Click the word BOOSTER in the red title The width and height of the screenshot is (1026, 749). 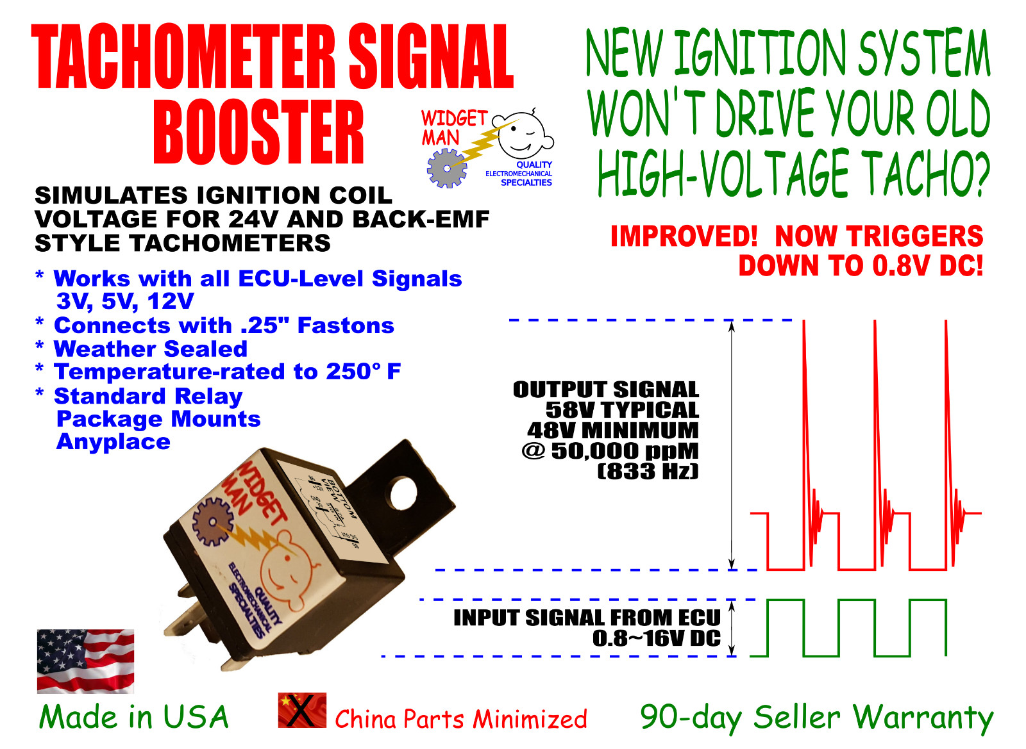tap(258, 133)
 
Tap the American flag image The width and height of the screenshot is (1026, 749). tap(85, 661)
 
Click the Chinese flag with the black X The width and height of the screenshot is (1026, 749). tap(302, 710)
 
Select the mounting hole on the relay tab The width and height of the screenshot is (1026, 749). tap(402, 494)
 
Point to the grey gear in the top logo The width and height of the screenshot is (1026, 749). tap(447, 168)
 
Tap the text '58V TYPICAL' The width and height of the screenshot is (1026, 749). tap(621, 410)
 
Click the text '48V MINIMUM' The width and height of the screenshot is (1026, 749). tap(612, 431)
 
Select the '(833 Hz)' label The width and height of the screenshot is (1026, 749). tap(647, 472)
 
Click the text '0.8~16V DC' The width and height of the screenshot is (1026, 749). tap(656, 638)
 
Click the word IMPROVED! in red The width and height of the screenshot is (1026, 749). tap(684, 236)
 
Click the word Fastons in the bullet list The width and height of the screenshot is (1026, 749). tap(346, 325)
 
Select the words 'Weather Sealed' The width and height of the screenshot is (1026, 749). tap(151, 349)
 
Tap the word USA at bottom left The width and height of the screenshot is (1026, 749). tap(196, 717)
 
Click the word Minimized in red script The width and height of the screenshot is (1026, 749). tap(529, 719)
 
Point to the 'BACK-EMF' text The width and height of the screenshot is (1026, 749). tap(421, 219)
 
